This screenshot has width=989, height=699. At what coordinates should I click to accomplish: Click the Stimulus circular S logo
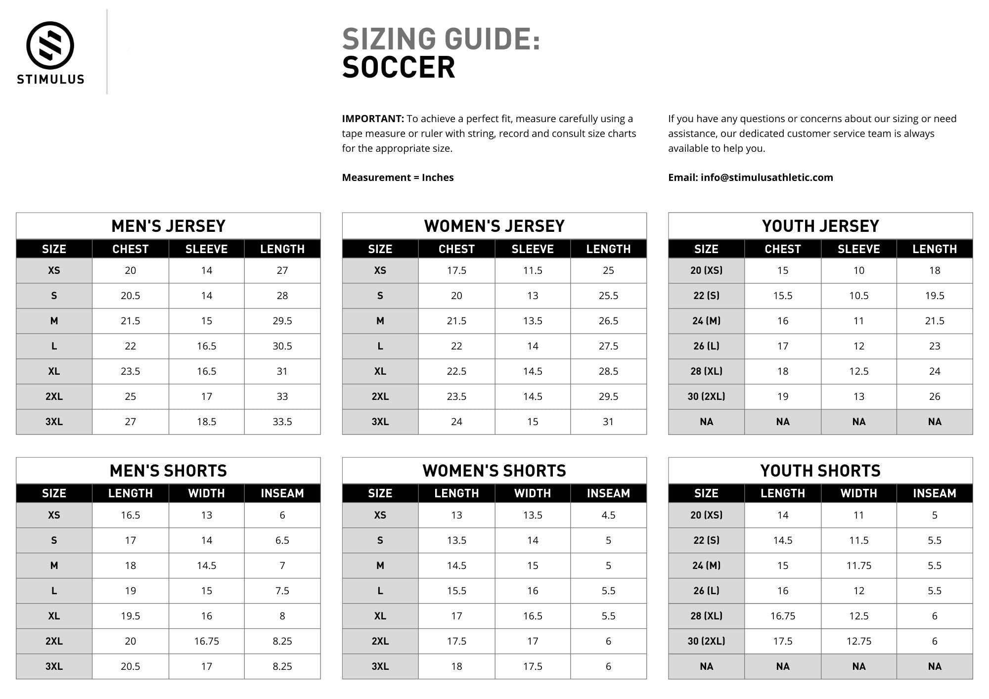(x=50, y=45)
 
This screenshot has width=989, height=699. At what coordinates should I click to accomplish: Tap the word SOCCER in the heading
(x=398, y=68)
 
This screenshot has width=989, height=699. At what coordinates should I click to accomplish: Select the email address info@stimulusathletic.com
(x=766, y=177)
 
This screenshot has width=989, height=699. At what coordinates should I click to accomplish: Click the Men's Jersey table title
(x=168, y=226)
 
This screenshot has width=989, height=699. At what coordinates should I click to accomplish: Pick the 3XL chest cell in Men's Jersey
(x=130, y=422)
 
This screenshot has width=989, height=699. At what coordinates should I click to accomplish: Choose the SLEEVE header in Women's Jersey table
(x=532, y=249)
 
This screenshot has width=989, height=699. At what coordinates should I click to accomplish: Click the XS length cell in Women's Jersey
(x=608, y=270)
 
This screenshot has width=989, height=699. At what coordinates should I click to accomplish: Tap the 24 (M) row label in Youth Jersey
(x=706, y=321)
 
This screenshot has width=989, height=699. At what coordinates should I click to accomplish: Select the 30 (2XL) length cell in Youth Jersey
(x=934, y=396)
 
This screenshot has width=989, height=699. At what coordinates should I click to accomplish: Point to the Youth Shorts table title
(x=820, y=471)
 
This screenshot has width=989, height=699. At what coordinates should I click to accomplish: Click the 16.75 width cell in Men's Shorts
(x=206, y=641)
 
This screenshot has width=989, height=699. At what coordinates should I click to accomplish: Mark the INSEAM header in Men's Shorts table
(x=282, y=493)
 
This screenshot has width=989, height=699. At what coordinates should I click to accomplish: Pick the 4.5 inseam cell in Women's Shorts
(x=608, y=515)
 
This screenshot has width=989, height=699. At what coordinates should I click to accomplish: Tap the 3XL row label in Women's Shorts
(x=380, y=666)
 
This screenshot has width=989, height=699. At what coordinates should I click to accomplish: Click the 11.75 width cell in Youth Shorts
(x=858, y=566)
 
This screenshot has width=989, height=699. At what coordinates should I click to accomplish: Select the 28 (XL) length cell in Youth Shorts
(x=782, y=616)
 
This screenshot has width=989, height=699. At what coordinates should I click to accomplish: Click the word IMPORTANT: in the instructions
(x=373, y=119)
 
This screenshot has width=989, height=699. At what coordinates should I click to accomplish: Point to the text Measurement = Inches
(x=398, y=177)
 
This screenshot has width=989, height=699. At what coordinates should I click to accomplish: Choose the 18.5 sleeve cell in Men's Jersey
(x=206, y=422)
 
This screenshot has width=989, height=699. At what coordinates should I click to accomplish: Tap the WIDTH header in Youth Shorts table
(x=858, y=493)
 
